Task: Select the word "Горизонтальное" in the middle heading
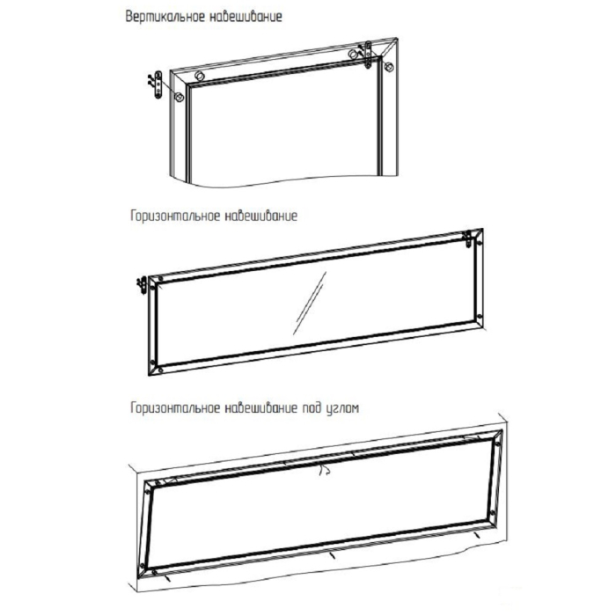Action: (x=172, y=216)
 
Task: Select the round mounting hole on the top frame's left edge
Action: (x=180, y=96)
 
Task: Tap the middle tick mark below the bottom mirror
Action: (x=331, y=555)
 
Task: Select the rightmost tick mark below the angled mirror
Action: (x=476, y=533)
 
